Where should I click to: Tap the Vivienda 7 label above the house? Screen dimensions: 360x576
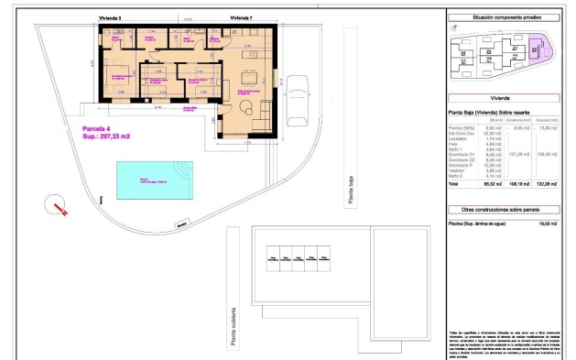[x=241, y=17]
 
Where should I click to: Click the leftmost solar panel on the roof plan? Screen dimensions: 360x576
[x=273, y=259]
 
